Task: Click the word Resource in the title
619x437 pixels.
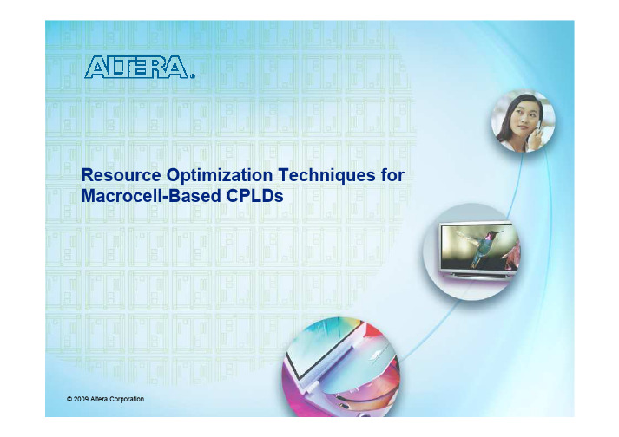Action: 121,175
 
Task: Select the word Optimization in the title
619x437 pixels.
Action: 220,176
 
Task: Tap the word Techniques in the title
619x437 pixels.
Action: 327,176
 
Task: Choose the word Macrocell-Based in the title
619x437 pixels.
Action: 151,196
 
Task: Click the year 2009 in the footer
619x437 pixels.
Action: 81,399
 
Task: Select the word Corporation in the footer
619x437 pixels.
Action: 127,400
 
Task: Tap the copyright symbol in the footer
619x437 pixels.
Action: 69,399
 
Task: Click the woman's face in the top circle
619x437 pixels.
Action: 524,116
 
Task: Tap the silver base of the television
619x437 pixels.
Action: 479,275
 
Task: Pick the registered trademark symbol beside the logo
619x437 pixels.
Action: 193,76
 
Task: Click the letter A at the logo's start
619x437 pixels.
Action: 95,67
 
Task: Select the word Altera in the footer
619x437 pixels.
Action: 99,399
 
